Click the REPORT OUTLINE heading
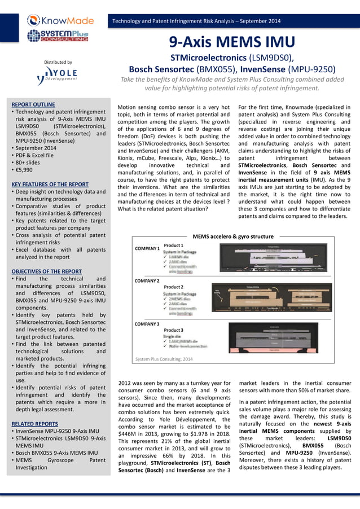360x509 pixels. [33, 104]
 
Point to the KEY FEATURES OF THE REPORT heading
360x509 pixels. [50, 184]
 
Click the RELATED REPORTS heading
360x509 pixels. [34, 423]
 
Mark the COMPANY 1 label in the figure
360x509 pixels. [147, 248]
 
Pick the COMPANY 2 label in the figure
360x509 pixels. [147, 280]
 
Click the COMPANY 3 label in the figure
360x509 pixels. [147, 324]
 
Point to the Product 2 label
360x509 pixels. [174, 287]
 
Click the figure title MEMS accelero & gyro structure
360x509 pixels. [233, 236]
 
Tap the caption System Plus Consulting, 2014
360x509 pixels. [164, 359]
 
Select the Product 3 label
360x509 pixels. [174, 330]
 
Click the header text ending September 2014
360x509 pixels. [196, 21]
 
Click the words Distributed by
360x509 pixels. [58, 62]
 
